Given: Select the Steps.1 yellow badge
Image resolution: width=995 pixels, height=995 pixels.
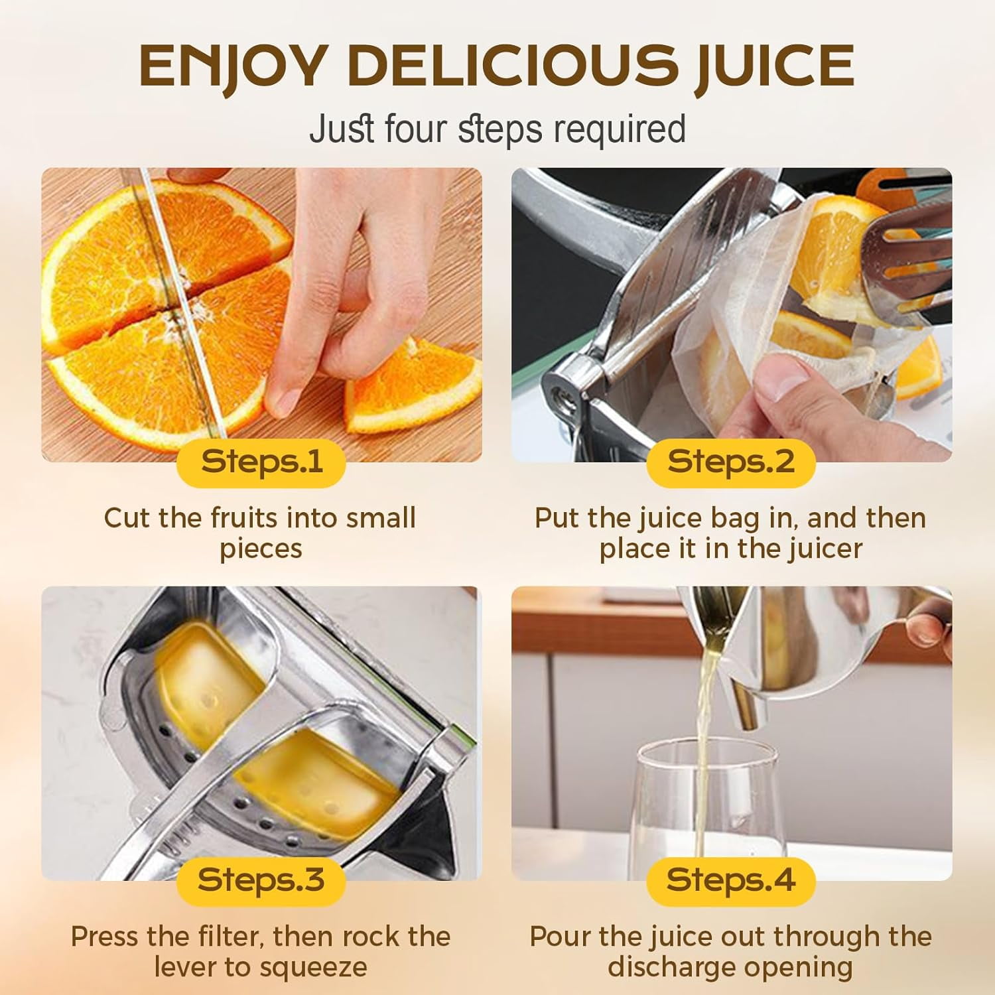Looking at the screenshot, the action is click(261, 462).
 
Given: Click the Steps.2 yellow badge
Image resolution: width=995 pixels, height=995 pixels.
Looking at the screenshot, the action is click(731, 462).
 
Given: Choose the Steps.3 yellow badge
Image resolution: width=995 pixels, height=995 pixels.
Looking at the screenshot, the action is click(261, 881).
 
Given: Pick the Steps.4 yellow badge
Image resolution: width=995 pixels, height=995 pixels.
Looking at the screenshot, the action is click(731, 881).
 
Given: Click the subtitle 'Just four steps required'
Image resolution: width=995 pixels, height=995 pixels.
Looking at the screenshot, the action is click(497, 129).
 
